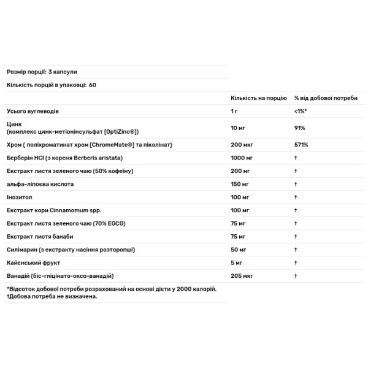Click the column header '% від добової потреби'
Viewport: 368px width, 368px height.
325,98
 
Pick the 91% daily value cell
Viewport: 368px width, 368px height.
300,128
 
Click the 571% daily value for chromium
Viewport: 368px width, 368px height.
301,144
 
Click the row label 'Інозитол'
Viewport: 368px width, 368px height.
20,197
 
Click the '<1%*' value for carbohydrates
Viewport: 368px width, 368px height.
301,112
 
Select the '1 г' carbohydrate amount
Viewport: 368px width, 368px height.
234,112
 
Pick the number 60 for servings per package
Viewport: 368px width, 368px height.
93,85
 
